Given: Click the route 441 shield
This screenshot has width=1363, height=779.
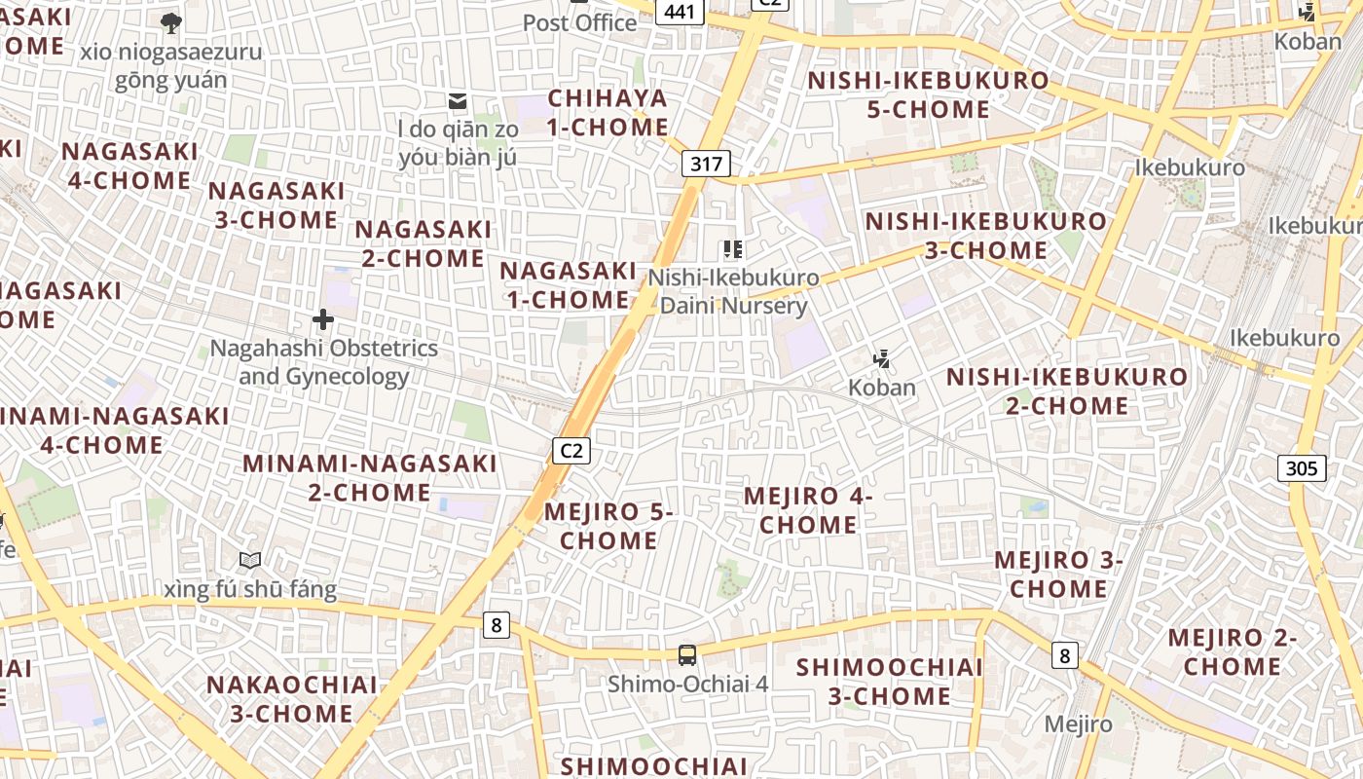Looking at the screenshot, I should (681, 11).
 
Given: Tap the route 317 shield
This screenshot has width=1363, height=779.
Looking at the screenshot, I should (706, 163).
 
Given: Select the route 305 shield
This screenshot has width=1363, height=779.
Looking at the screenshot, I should (1302, 468).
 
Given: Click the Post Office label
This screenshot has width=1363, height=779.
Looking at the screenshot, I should (580, 22).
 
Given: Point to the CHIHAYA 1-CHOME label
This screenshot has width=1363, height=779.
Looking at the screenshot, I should (608, 112).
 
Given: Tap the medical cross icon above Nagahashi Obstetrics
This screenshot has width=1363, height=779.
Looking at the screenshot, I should (323, 319).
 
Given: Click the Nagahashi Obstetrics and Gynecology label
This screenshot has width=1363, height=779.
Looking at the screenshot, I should (324, 362).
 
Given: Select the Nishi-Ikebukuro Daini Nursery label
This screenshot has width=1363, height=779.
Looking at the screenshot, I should (734, 292).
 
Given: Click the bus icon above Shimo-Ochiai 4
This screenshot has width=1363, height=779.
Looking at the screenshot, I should (687, 654).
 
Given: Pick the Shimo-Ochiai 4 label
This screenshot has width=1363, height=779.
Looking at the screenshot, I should (687, 684).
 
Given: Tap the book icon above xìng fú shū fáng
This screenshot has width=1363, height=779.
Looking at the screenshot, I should (250, 560).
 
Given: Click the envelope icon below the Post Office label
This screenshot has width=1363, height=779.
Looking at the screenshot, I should (458, 101).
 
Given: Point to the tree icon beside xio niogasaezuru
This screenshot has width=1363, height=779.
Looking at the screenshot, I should (171, 22).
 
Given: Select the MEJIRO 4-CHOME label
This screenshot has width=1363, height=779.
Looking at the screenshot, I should (808, 510).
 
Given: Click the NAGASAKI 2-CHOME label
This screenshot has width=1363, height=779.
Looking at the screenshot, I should (424, 243).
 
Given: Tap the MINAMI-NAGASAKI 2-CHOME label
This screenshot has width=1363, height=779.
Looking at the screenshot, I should (370, 477).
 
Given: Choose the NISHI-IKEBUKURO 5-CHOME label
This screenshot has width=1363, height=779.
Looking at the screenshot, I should (929, 94).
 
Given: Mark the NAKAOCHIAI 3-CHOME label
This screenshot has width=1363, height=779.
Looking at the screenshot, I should (292, 698).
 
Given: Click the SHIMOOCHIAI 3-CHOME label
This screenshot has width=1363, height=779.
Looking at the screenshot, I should (890, 682).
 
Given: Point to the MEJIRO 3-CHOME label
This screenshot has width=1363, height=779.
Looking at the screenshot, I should (1058, 575).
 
